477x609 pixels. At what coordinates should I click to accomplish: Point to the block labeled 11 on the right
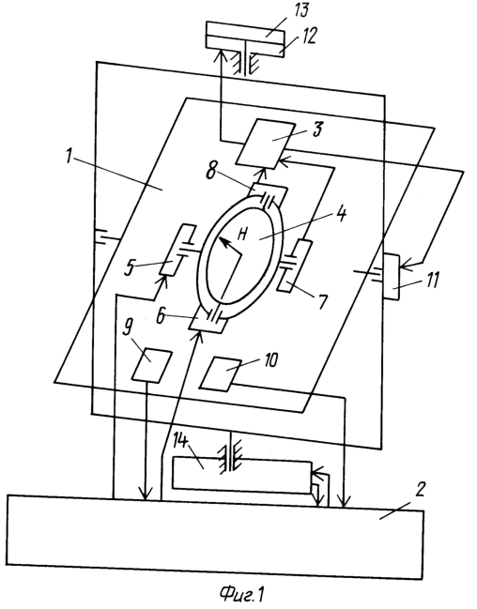tap(392, 277)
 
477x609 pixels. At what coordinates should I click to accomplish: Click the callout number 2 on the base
tap(422, 491)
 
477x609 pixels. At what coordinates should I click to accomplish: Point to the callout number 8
tap(210, 170)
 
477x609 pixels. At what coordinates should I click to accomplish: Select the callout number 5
tap(130, 268)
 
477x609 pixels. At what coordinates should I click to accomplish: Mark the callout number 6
tap(162, 316)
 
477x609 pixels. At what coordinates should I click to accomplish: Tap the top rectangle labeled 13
tap(244, 30)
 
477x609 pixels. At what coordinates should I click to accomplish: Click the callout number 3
tap(317, 129)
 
